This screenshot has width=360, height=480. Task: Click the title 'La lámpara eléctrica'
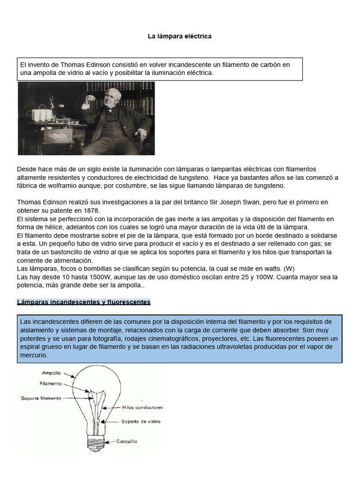click(180, 36)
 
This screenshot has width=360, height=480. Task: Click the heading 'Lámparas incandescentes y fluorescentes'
click(83, 302)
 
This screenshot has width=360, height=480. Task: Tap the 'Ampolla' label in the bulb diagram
click(51, 374)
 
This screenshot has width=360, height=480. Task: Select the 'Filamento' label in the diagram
click(51, 383)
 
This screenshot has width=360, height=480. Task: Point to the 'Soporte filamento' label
click(41, 398)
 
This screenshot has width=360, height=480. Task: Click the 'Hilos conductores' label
click(142, 407)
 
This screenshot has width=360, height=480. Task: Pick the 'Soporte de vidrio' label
click(141, 421)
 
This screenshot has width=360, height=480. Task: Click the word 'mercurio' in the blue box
click(34, 355)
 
